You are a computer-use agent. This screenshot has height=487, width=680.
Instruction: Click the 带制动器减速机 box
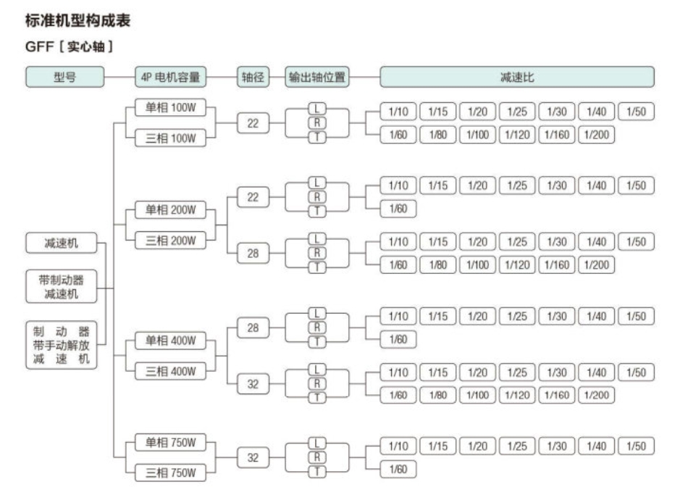pos(62,286)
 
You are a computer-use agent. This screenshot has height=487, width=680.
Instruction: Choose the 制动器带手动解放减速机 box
pos(62,345)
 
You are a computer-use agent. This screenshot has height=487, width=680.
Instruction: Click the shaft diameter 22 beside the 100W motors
pos(253,123)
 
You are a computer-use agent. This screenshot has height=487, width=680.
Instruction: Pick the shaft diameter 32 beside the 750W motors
pos(253,457)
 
